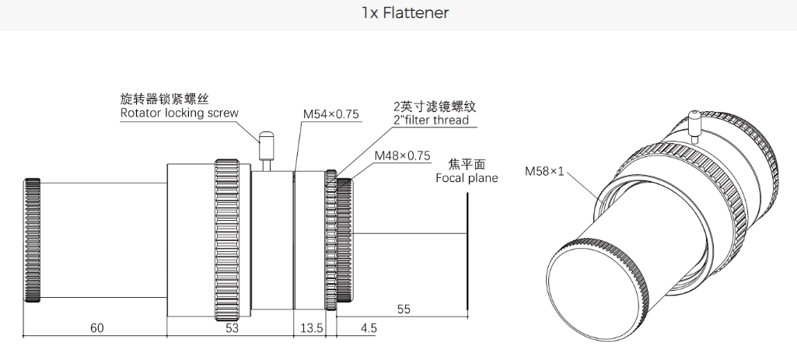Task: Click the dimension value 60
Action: (x=96, y=328)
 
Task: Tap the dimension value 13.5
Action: (x=311, y=328)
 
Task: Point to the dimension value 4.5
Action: (x=368, y=328)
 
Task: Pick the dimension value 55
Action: (x=404, y=309)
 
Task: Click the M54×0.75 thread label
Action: (x=330, y=114)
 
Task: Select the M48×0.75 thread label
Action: (x=401, y=156)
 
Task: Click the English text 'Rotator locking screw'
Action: (x=179, y=114)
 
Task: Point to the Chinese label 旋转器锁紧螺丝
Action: (x=166, y=99)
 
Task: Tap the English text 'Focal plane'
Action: (x=467, y=178)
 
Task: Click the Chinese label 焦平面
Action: (x=467, y=164)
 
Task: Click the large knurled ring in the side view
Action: (x=227, y=241)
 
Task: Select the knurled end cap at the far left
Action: (x=31, y=241)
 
